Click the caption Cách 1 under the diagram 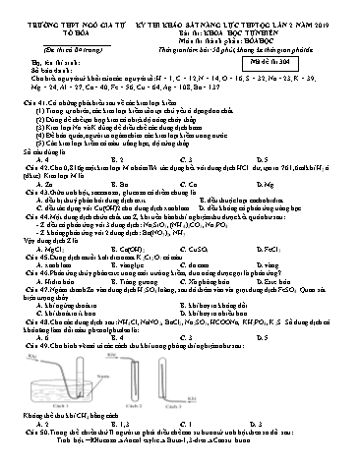[80, 433]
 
